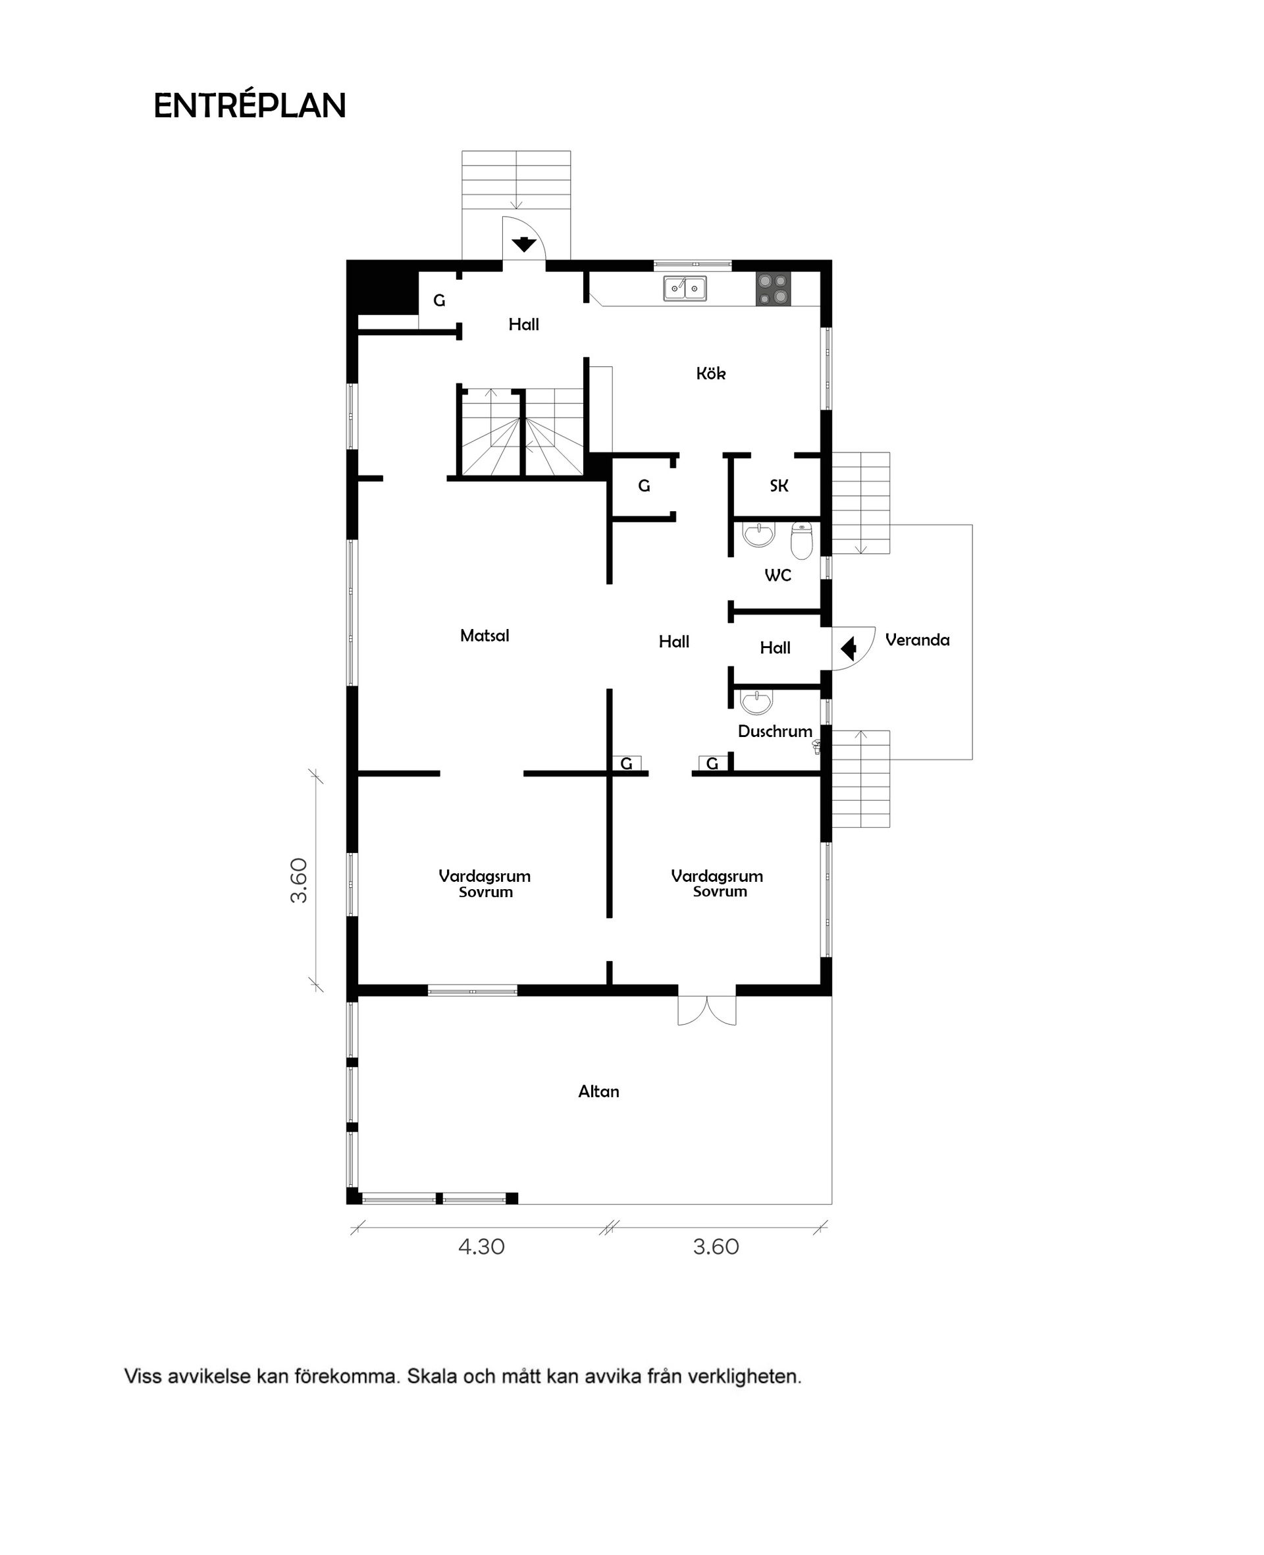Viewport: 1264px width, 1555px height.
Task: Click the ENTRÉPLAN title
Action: [x=250, y=106]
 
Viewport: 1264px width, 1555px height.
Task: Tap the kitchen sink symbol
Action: [x=685, y=288]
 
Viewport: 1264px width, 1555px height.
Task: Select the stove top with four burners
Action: [x=774, y=289]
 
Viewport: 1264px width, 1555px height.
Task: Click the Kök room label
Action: [x=710, y=373]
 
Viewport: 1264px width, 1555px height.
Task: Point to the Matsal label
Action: [x=484, y=636]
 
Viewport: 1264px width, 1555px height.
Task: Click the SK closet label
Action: [x=779, y=486]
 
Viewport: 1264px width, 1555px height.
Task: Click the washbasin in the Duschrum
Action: [x=756, y=702]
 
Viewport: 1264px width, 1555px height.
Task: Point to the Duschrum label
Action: [x=775, y=731]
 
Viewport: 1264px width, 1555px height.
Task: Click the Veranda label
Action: [x=918, y=640]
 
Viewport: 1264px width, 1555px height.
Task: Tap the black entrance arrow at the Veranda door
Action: [x=848, y=647]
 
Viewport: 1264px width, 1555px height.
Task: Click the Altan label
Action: [x=598, y=1091]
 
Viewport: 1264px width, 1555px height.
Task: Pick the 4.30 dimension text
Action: [x=481, y=1246]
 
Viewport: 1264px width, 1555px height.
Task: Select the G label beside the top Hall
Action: [x=439, y=300]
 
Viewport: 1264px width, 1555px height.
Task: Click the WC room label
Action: [x=777, y=576]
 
